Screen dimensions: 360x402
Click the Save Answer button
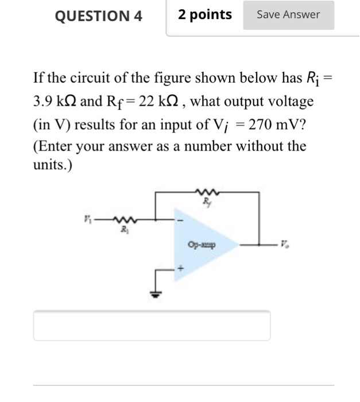288,15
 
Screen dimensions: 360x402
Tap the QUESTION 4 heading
98,16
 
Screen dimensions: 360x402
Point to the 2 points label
205,15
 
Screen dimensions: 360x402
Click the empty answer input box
152,326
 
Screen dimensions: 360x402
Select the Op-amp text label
201,244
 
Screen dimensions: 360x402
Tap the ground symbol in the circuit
154,293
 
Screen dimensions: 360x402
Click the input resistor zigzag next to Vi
123,219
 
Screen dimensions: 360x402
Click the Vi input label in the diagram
87,218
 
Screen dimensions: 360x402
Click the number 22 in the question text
146,102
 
